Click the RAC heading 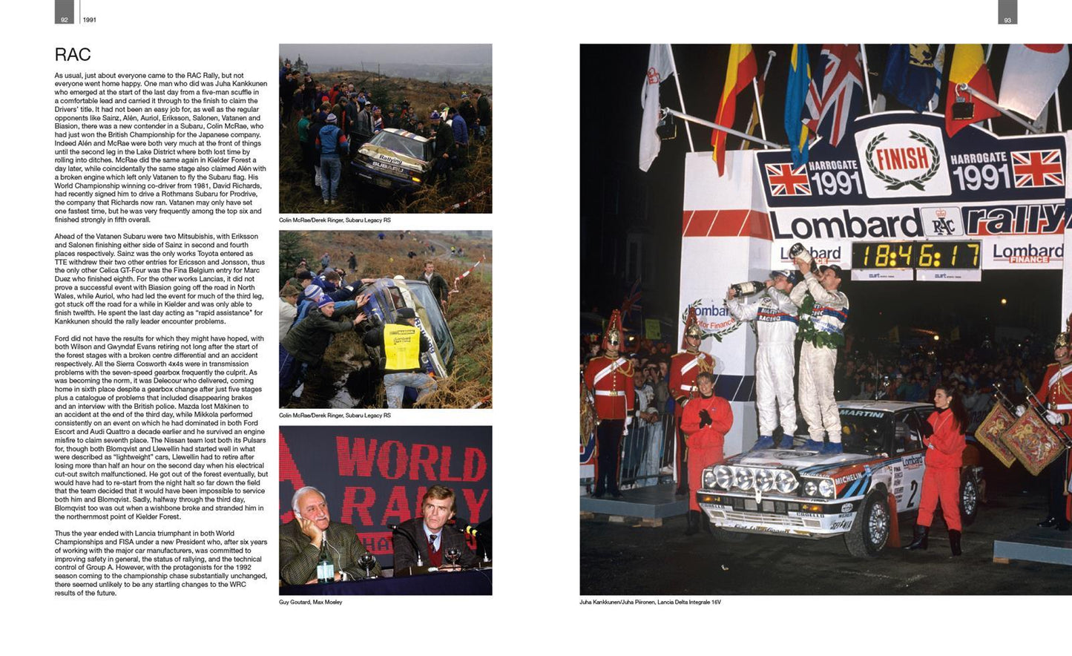73,55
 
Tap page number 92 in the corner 64,19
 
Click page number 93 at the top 1007,20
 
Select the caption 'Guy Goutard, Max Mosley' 310,602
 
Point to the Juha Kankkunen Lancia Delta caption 650,602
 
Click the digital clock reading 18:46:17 915,256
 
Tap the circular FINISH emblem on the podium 902,158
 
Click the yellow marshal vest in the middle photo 401,347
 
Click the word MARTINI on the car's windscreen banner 861,413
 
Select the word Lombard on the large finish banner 844,224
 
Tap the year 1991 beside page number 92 89,20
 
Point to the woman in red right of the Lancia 941,468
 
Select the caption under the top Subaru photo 335,220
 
